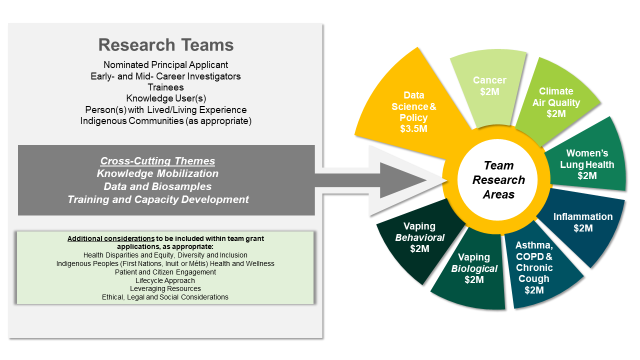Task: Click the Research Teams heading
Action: tap(166, 45)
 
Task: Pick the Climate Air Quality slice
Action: tap(555, 102)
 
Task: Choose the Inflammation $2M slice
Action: tap(582, 222)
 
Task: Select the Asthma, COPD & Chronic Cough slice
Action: tap(534, 267)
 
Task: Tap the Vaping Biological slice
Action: tap(474, 268)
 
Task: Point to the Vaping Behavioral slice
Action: tap(419, 237)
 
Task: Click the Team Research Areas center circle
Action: tap(498, 180)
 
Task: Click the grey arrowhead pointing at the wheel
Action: tap(400, 180)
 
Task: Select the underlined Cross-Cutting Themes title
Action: tap(157, 161)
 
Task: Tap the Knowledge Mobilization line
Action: tap(157, 173)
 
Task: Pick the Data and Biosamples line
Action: tap(157, 186)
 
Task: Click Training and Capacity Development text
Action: tap(158, 199)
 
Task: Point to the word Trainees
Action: tap(165, 87)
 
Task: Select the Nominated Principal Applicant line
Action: tap(165, 65)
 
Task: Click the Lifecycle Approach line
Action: tap(165, 280)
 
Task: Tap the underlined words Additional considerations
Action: tap(110, 238)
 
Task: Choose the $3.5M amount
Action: tap(413, 129)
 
